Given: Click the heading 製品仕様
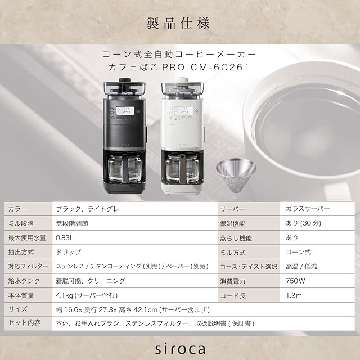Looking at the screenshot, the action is pos(178,23).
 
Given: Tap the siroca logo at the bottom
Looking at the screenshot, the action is pos(180,349).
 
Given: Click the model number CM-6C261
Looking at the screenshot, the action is pos(220,67).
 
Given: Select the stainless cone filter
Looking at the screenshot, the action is pos(236,174).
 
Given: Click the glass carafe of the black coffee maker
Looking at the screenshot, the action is pos(125,168).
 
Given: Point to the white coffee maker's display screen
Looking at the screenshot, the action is pos(183,110).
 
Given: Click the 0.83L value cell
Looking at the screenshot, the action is pos(65,237).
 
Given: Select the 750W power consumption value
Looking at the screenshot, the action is pos(295,281).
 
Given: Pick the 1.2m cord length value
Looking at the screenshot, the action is pos(294,295).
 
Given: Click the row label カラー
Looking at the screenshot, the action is pos(17,209).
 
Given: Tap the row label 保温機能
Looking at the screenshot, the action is pos(232,223).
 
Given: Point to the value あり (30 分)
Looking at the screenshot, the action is pos(303,223).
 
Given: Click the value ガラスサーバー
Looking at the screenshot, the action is pos(308,209).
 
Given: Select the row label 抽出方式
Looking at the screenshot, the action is pos(21,252).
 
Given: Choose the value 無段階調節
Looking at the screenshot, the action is pos(72,223).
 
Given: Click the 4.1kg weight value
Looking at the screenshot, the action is pos(87,295).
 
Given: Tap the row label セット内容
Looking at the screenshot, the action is pos(24,323).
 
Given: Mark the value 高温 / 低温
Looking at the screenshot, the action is pos(301,267).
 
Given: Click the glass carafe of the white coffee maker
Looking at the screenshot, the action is pos(182,168).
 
